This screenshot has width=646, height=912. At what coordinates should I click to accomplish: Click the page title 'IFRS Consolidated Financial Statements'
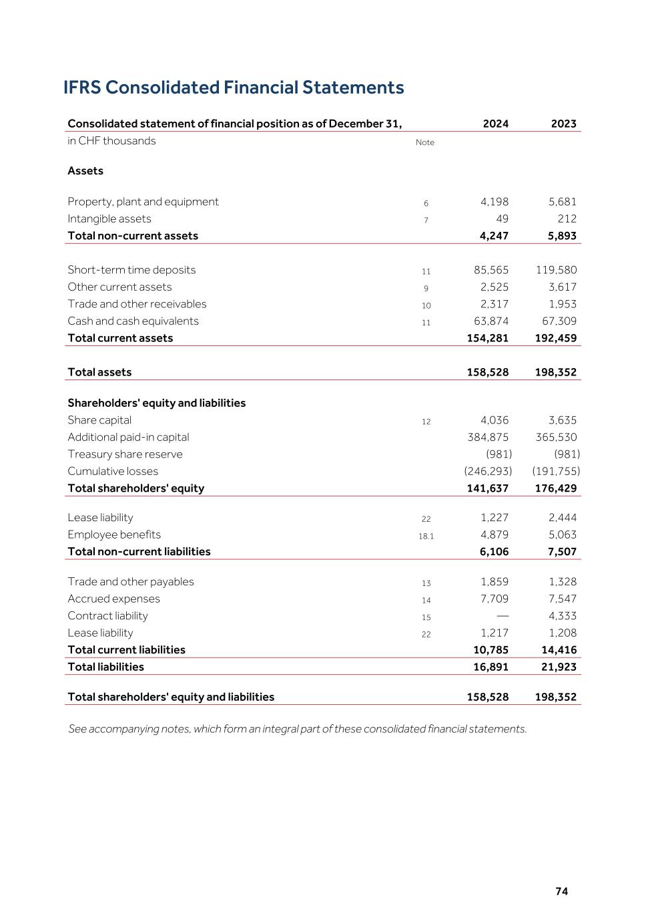coord(234,88)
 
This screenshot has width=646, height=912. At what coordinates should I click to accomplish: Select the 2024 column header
coord(496,124)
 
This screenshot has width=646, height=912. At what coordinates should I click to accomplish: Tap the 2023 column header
coord(564,124)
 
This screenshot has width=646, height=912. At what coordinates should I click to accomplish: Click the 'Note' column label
coord(425,142)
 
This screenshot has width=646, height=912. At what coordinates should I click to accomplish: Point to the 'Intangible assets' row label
coord(109,218)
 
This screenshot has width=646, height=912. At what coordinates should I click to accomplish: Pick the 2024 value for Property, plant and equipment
coord(495,202)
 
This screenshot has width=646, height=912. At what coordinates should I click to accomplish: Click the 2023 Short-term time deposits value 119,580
coord(557,270)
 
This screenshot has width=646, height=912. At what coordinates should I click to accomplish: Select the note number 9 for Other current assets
coord(426,289)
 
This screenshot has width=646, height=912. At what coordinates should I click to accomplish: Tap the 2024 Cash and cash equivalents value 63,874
coord(491,321)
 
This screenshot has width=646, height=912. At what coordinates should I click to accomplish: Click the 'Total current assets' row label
coord(120,338)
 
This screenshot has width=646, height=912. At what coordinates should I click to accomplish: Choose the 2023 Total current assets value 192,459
coord(556,338)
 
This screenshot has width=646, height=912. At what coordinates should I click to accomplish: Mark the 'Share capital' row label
coord(99,420)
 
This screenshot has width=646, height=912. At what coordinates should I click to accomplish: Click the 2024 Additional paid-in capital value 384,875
coord(488,437)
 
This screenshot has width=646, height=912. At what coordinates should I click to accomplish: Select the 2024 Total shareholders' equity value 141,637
coord(488,488)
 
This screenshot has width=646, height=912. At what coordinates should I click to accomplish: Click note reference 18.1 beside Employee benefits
coord(426,536)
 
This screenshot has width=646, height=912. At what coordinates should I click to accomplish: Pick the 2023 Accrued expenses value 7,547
coord(563,599)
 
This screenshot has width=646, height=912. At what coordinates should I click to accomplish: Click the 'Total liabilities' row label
coord(105,667)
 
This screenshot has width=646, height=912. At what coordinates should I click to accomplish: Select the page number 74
coord(562,891)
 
